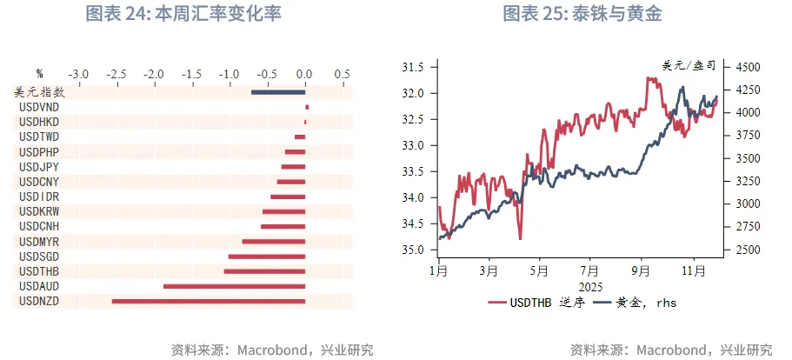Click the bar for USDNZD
click(208, 301)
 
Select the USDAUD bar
click(234, 286)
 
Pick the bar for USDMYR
click(273, 241)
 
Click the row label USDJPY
click(38, 166)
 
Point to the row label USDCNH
click(38, 226)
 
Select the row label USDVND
click(38, 107)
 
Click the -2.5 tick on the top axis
click(115, 74)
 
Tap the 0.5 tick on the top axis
click(342, 74)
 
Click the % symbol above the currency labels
click(39, 74)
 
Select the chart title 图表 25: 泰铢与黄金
click(589, 14)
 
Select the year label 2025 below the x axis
click(589, 286)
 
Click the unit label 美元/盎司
click(689, 65)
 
